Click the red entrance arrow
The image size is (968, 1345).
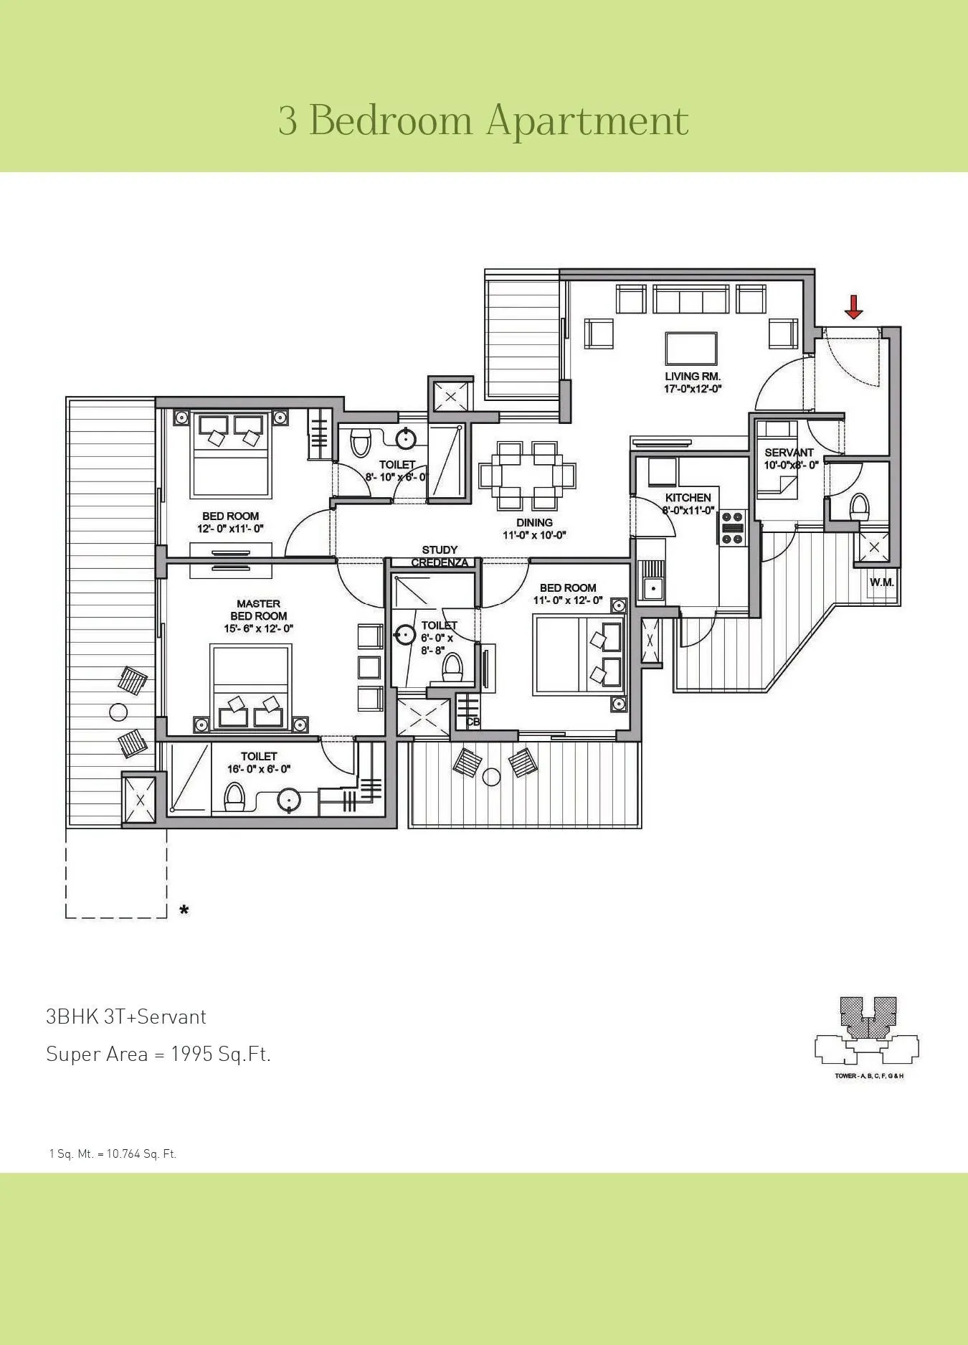(x=853, y=307)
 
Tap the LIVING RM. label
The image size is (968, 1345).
(x=692, y=376)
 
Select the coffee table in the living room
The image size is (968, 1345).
(x=691, y=349)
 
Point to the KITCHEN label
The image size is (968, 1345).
(x=688, y=497)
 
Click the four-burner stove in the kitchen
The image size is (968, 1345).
(x=733, y=530)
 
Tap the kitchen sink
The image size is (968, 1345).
(x=653, y=588)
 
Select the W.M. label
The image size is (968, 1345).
(x=881, y=582)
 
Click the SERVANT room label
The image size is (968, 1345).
(x=789, y=452)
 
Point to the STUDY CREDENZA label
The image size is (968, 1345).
(x=440, y=556)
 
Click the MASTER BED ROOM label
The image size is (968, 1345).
(x=258, y=610)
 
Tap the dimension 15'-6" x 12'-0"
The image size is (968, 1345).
(x=258, y=628)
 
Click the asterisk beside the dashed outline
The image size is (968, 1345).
(x=184, y=910)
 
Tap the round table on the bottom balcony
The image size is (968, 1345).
(x=491, y=776)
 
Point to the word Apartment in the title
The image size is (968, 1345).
(x=587, y=121)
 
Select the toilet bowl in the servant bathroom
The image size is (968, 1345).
(x=858, y=507)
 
